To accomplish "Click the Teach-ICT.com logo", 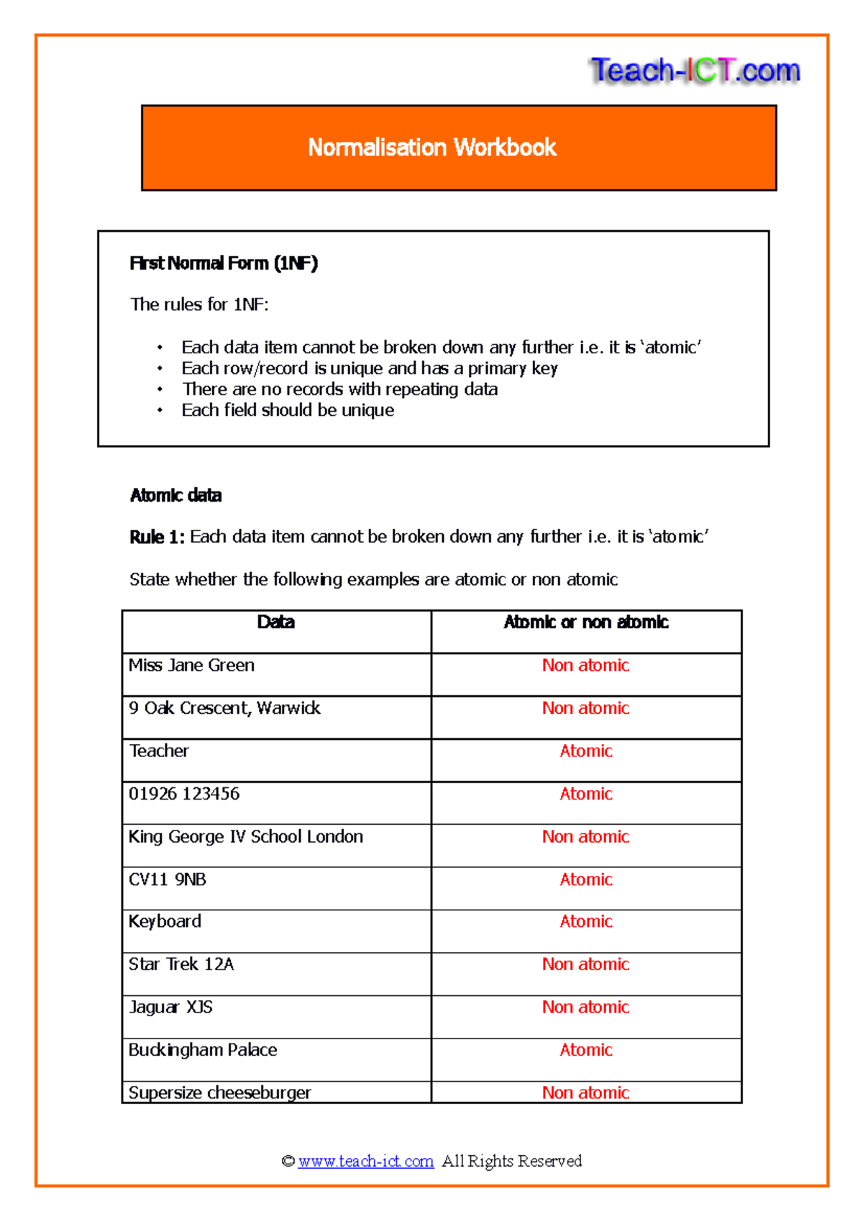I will (x=695, y=71).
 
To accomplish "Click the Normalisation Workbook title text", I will (x=431, y=148).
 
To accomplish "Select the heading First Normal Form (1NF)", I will (x=223, y=263).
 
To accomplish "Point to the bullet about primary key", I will (x=369, y=368).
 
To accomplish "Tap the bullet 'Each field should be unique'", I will (x=288, y=410).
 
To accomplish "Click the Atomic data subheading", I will (x=175, y=495).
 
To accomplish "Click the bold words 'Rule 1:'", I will (x=157, y=537).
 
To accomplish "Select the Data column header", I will (x=275, y=623).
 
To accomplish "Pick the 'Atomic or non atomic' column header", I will (x=585, y=623).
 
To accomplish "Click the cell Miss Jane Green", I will (x=191, y=666).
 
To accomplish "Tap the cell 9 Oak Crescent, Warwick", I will (x=224, y=708).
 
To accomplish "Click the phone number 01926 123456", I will (x=184, y=794).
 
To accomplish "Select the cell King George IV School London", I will (x=245, y=837).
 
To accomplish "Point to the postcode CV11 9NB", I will (x=167, y=879).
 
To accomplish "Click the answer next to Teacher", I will (x=585, y=751).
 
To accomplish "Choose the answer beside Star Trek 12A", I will (x=585, y=964).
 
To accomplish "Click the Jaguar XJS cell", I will (x=170, y=1008).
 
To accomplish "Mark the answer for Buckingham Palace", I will (x=585, y=1050).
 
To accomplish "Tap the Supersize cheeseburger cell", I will (x=219, y=1092).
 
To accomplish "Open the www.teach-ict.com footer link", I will (x=365, y=1161).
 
